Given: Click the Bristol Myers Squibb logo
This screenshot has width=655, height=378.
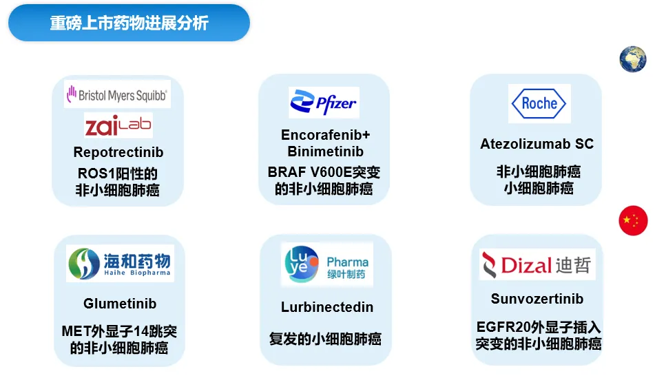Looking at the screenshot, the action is tap(117, 94).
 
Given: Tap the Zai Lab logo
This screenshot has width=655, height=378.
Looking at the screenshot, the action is tap(118, 125).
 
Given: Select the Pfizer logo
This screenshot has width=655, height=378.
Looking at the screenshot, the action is tap(324, 103).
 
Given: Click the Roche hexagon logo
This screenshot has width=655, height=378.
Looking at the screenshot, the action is tap(539, 103).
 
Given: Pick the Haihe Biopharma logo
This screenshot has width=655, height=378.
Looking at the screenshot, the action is tap(120, 264).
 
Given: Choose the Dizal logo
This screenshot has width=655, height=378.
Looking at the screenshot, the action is tap(537, 265).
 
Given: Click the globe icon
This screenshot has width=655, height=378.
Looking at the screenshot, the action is tap(633, 59).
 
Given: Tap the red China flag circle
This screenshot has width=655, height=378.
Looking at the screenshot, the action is tap(633, 220).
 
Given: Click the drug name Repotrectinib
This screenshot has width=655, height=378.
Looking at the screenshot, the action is tap(118, 152).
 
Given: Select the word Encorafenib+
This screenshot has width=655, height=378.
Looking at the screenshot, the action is tap(325, 135).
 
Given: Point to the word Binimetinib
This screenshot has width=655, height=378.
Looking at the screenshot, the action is tap(325, 151).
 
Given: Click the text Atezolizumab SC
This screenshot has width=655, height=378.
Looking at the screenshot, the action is tap(537, 144).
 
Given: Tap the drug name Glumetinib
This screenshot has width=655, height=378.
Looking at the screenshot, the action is tap(120, 303).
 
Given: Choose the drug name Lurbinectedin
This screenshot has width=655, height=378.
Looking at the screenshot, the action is tap(326, 307).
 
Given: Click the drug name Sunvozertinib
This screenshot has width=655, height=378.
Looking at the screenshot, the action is tap(537, 299).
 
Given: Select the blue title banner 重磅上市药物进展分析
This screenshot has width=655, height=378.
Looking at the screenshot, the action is tap(129, 23).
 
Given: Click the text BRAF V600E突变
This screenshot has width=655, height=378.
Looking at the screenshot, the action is tap(324, 172).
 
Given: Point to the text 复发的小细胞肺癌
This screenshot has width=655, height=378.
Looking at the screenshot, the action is tap(325, 339).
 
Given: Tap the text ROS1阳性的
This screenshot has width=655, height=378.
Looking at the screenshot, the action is tap(117, 174).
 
